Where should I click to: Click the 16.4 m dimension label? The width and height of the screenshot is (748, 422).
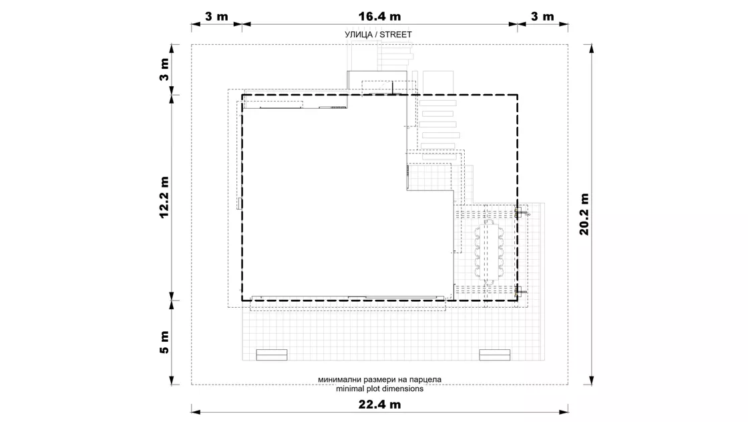point(379,17)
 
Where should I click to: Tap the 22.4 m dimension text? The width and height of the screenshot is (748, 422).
point(379,405)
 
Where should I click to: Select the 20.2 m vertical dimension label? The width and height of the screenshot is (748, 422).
point(584,214)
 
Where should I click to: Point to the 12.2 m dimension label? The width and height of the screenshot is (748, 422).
point(164,197)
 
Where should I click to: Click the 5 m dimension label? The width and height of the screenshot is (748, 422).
point(164,342)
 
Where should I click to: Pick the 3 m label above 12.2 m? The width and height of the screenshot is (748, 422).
point(164,69)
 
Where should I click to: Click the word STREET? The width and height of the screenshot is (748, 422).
point(395,34)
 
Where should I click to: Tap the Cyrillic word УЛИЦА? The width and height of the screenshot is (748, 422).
point(358,34)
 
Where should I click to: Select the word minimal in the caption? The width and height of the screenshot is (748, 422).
point(350,389)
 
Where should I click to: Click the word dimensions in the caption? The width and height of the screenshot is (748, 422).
point(405,389)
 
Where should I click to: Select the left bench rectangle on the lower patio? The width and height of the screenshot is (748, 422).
point(271,355)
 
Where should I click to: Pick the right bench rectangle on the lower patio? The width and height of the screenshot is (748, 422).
point(495,355)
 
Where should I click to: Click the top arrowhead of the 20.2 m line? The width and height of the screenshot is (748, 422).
point(592,48)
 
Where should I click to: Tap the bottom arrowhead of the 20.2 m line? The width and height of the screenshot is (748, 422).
point(592,381)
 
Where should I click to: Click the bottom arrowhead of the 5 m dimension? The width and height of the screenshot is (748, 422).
point(172,381)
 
